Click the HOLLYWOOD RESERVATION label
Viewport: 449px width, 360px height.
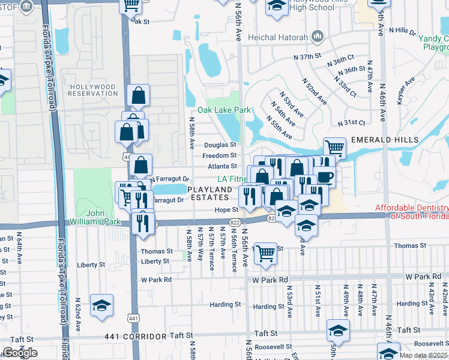coord(92,91)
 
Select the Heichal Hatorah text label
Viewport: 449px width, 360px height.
coord(281,37)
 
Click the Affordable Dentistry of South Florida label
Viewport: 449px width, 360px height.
coord(411,212)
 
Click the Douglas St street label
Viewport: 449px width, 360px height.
coord(220,145)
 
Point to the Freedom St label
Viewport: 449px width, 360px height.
coord(219,155)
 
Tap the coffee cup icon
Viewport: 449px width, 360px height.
coord(325,177)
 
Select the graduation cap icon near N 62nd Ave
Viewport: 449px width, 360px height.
coord(101,305)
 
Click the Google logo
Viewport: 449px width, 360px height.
coord(20,353)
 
